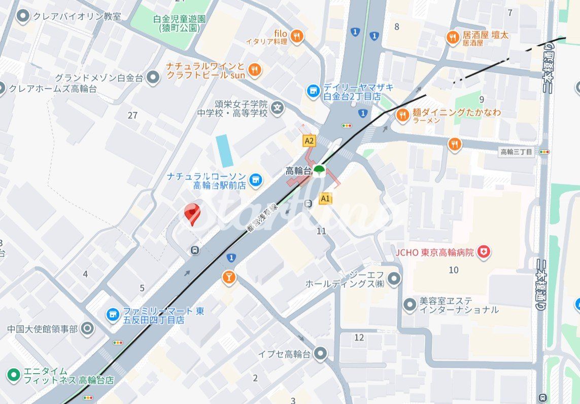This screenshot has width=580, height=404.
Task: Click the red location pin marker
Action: pos(192,213)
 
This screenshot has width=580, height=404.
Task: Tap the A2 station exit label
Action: pos(309,140)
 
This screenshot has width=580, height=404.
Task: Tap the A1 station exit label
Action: pos(325,199)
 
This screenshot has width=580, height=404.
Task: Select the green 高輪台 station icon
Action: pos(319,170)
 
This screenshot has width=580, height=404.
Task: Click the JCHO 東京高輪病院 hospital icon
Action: pos(484,252)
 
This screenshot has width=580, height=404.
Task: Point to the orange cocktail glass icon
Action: pos(229,277)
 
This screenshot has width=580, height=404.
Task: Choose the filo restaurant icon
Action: pos(297,36)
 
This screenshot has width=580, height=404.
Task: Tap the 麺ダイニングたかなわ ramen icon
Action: pos(403,115)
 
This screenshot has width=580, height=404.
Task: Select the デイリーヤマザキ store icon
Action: pos(314,91)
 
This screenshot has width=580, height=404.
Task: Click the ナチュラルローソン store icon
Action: pos(256,179)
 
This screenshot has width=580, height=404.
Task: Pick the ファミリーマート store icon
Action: pos(113,315)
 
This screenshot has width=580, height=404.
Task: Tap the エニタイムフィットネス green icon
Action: pos(14,375)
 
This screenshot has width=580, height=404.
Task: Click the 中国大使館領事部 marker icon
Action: pos(87,328)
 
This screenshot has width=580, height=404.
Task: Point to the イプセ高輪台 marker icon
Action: pos(320,354)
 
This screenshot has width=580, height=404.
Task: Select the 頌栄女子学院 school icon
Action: pos(277,107)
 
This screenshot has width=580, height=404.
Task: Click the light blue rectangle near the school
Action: pos(224,151)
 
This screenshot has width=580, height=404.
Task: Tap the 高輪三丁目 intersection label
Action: pos(517,152)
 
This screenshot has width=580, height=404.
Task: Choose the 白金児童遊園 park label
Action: pos(180,23)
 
